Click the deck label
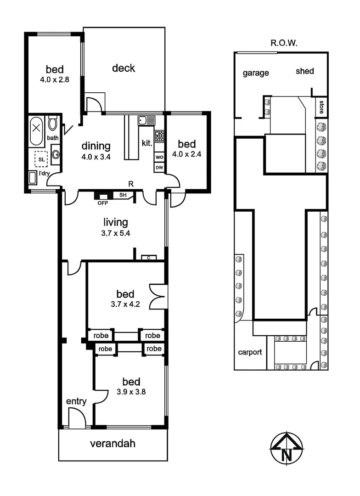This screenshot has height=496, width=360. pyautogui.click(x=124, y=68)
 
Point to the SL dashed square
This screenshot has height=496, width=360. pyautogui.click(x=41, y=159)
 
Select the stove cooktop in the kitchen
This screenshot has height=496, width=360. pyautogui.click(x=160, y=135)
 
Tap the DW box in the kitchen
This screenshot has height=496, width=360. pyautogui.click(x=159, y=168)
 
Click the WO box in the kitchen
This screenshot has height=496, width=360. pyautogui.click(x=159, y=157)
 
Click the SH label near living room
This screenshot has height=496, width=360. pyautogui.click(x=123, y=195)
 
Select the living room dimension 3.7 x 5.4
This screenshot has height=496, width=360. pyautogui.click(x=115, y=233)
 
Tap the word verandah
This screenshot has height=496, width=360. pyautogui.click(x=112, y=444)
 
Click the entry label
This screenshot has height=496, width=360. pyautogui.click(x=76, y=401)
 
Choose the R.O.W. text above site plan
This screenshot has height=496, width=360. pyautogui.click(x=284, y=44)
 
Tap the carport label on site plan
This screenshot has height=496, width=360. pyautogui.click(x=250, y=352)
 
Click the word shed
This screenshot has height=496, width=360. pyautogui.click(x=304, y=71)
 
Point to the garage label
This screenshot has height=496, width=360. pyautogui.click(x=256, y=73)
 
